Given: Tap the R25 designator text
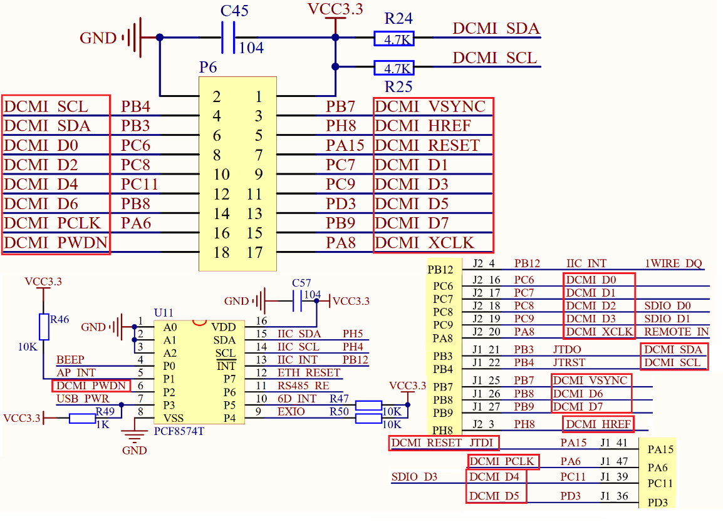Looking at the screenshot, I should [x=398, y=86].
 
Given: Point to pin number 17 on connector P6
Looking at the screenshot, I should [x=254, y=252].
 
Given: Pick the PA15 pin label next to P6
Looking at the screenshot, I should [x=345, y=145].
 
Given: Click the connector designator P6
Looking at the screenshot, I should [x=208, y=66].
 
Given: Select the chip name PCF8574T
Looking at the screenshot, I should [x=179, y=431].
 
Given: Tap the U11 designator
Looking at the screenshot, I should [x=164, y=312].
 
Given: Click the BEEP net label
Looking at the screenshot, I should [x=70, y=360].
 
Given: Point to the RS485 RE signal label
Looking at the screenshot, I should [x=303, y=386].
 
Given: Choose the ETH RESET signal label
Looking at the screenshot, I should [x=309, y=372].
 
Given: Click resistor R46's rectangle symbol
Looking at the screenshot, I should [x=43, y=327].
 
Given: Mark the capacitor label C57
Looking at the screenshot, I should [x=301, y=283].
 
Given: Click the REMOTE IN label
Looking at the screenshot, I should [x=676, y=332].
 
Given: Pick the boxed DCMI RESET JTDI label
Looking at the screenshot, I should [x=444, y=443].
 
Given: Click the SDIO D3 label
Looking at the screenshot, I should [x=414, y=477].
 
